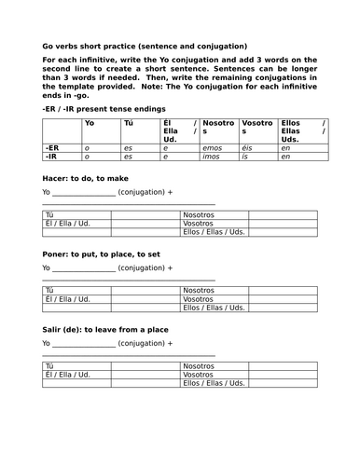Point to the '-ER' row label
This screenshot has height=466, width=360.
click(53, 148)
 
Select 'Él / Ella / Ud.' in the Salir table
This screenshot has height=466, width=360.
click(67, 375)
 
